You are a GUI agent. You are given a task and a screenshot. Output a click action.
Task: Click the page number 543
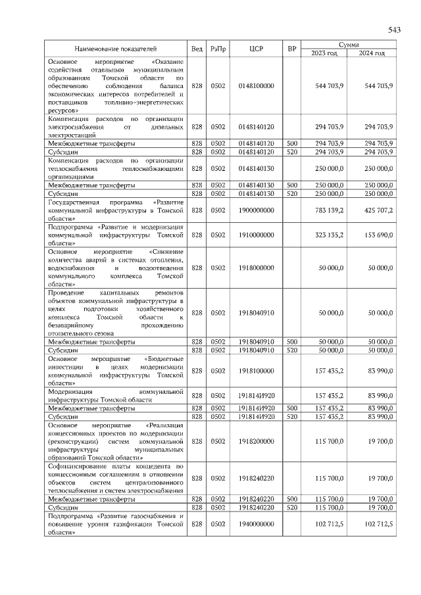pos(394,30)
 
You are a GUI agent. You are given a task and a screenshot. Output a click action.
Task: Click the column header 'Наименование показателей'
pos(116,49)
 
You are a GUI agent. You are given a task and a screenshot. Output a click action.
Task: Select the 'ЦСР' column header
pos(256,49)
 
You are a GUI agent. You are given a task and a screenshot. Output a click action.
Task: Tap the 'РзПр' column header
pos(218,49)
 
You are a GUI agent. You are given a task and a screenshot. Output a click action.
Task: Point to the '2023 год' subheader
pos(324,53)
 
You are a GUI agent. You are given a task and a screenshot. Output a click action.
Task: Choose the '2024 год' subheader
pos(372,53)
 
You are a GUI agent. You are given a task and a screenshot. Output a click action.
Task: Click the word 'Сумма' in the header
pos(348,44)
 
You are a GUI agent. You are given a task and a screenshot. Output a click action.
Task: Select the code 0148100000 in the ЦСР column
pos(256,86)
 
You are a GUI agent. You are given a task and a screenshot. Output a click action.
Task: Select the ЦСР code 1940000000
pos(256,523)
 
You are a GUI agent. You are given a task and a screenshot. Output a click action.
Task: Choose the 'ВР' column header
pos(292,49)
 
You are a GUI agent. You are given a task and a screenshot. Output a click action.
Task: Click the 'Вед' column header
pos(196,49)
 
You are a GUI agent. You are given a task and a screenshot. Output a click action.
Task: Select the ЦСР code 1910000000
pos(256,233)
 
